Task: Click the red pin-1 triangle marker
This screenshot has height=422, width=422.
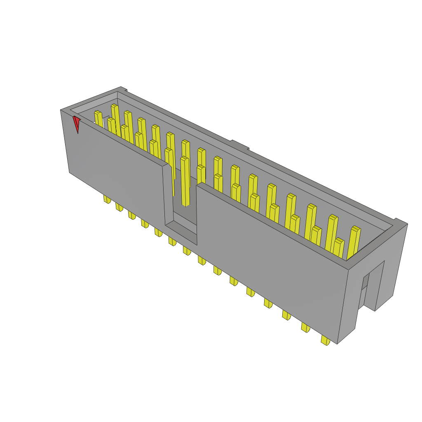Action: (x=76, y=124)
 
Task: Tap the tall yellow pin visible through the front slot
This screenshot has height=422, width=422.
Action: (x=185, y=181)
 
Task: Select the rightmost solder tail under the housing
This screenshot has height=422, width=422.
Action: (x=326, y=340)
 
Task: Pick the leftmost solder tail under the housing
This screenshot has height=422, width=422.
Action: (x=107, y=199)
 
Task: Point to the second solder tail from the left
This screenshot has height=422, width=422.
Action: (x=119, y=206)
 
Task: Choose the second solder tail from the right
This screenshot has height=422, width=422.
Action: (x=305, y=328)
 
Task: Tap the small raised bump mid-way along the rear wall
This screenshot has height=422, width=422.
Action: (x=239, y=145)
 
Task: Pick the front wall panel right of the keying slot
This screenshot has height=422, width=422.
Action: (x=272, y=256)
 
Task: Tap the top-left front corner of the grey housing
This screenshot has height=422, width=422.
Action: (x=61, y=110)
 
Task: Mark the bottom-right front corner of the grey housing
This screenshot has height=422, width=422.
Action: (x=338, y=343)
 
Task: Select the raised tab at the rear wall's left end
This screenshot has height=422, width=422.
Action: (x=123, y=89)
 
